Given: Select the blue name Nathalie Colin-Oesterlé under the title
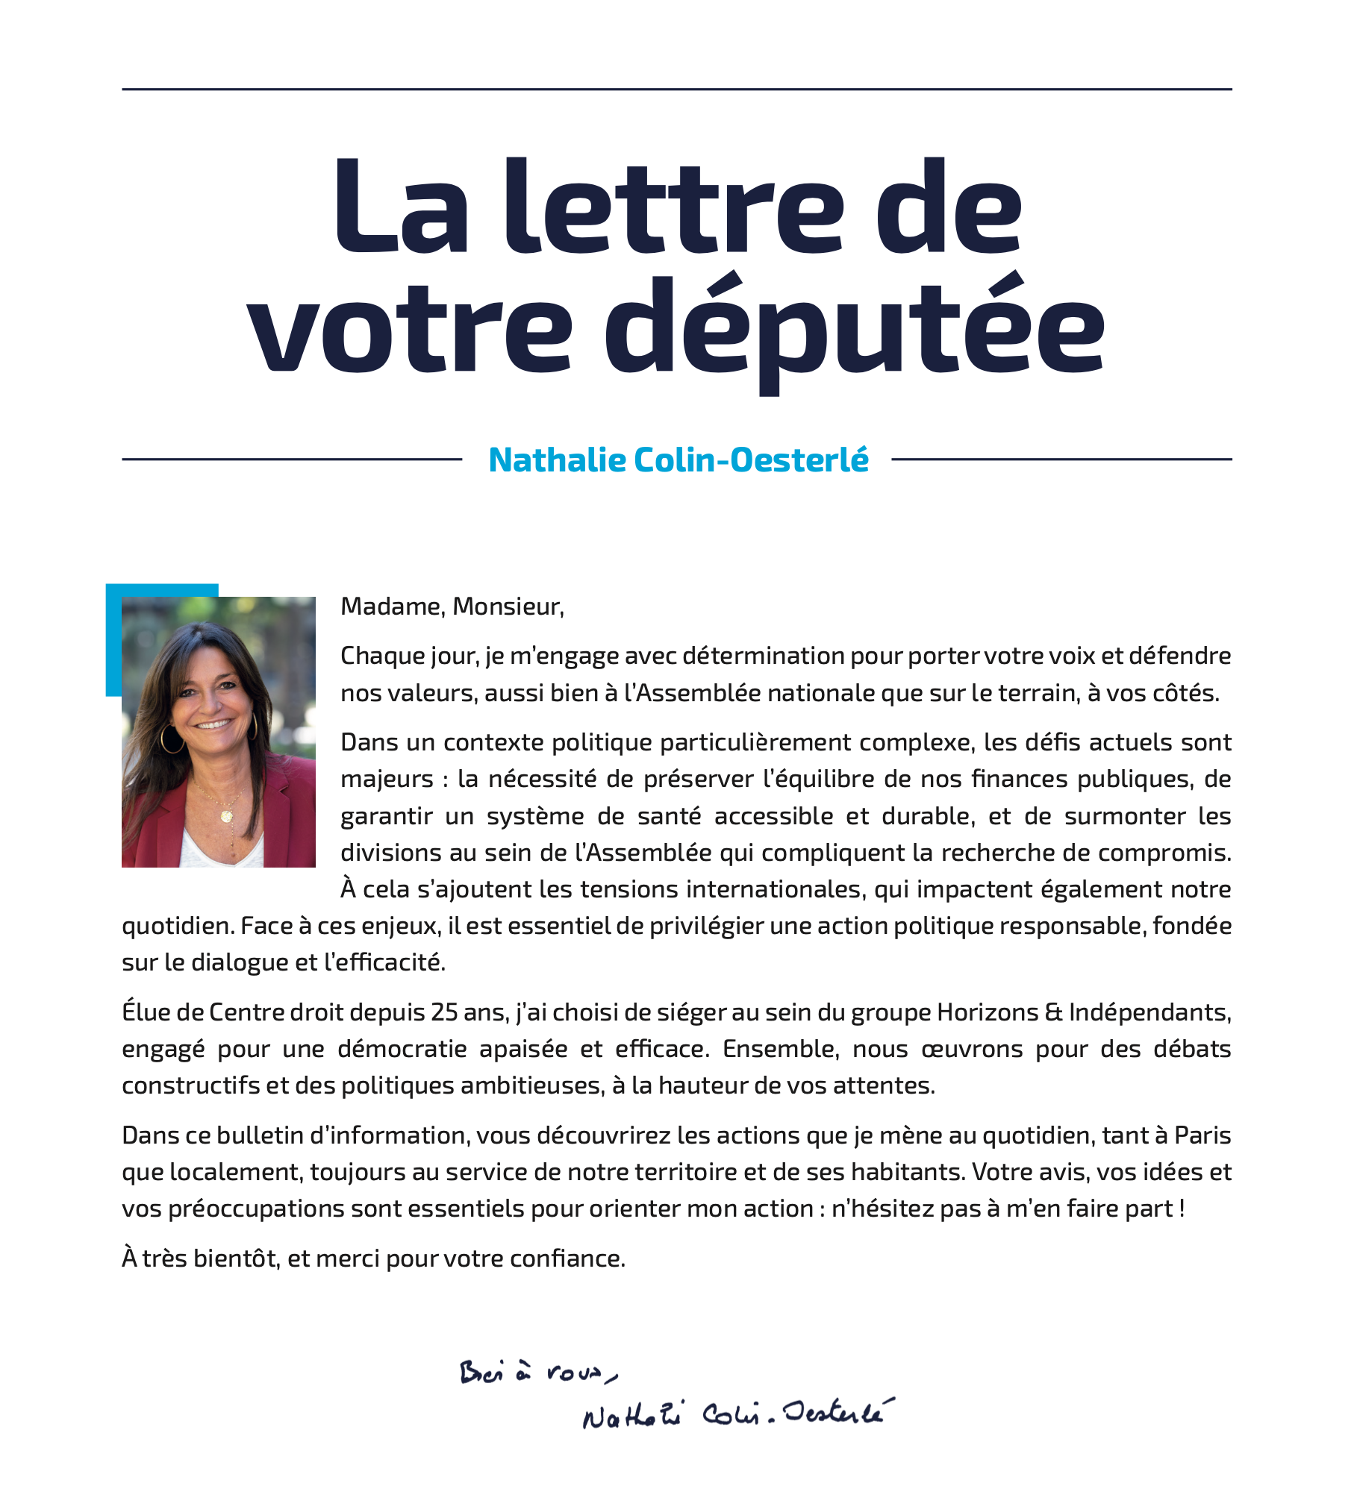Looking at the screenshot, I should (x=678, y=460).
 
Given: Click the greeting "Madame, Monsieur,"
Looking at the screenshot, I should (x=452, y=606).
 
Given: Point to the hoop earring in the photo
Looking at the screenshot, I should (x=172, y=739).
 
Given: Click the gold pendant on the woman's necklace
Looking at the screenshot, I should (x=226, y=815).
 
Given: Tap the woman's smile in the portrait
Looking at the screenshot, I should (x=214, y=724).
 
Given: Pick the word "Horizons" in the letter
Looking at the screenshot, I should (x=987, y=1012).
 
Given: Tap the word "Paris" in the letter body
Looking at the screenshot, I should (x=1202, y=1135).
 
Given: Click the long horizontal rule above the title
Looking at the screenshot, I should (x=677, y=90).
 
